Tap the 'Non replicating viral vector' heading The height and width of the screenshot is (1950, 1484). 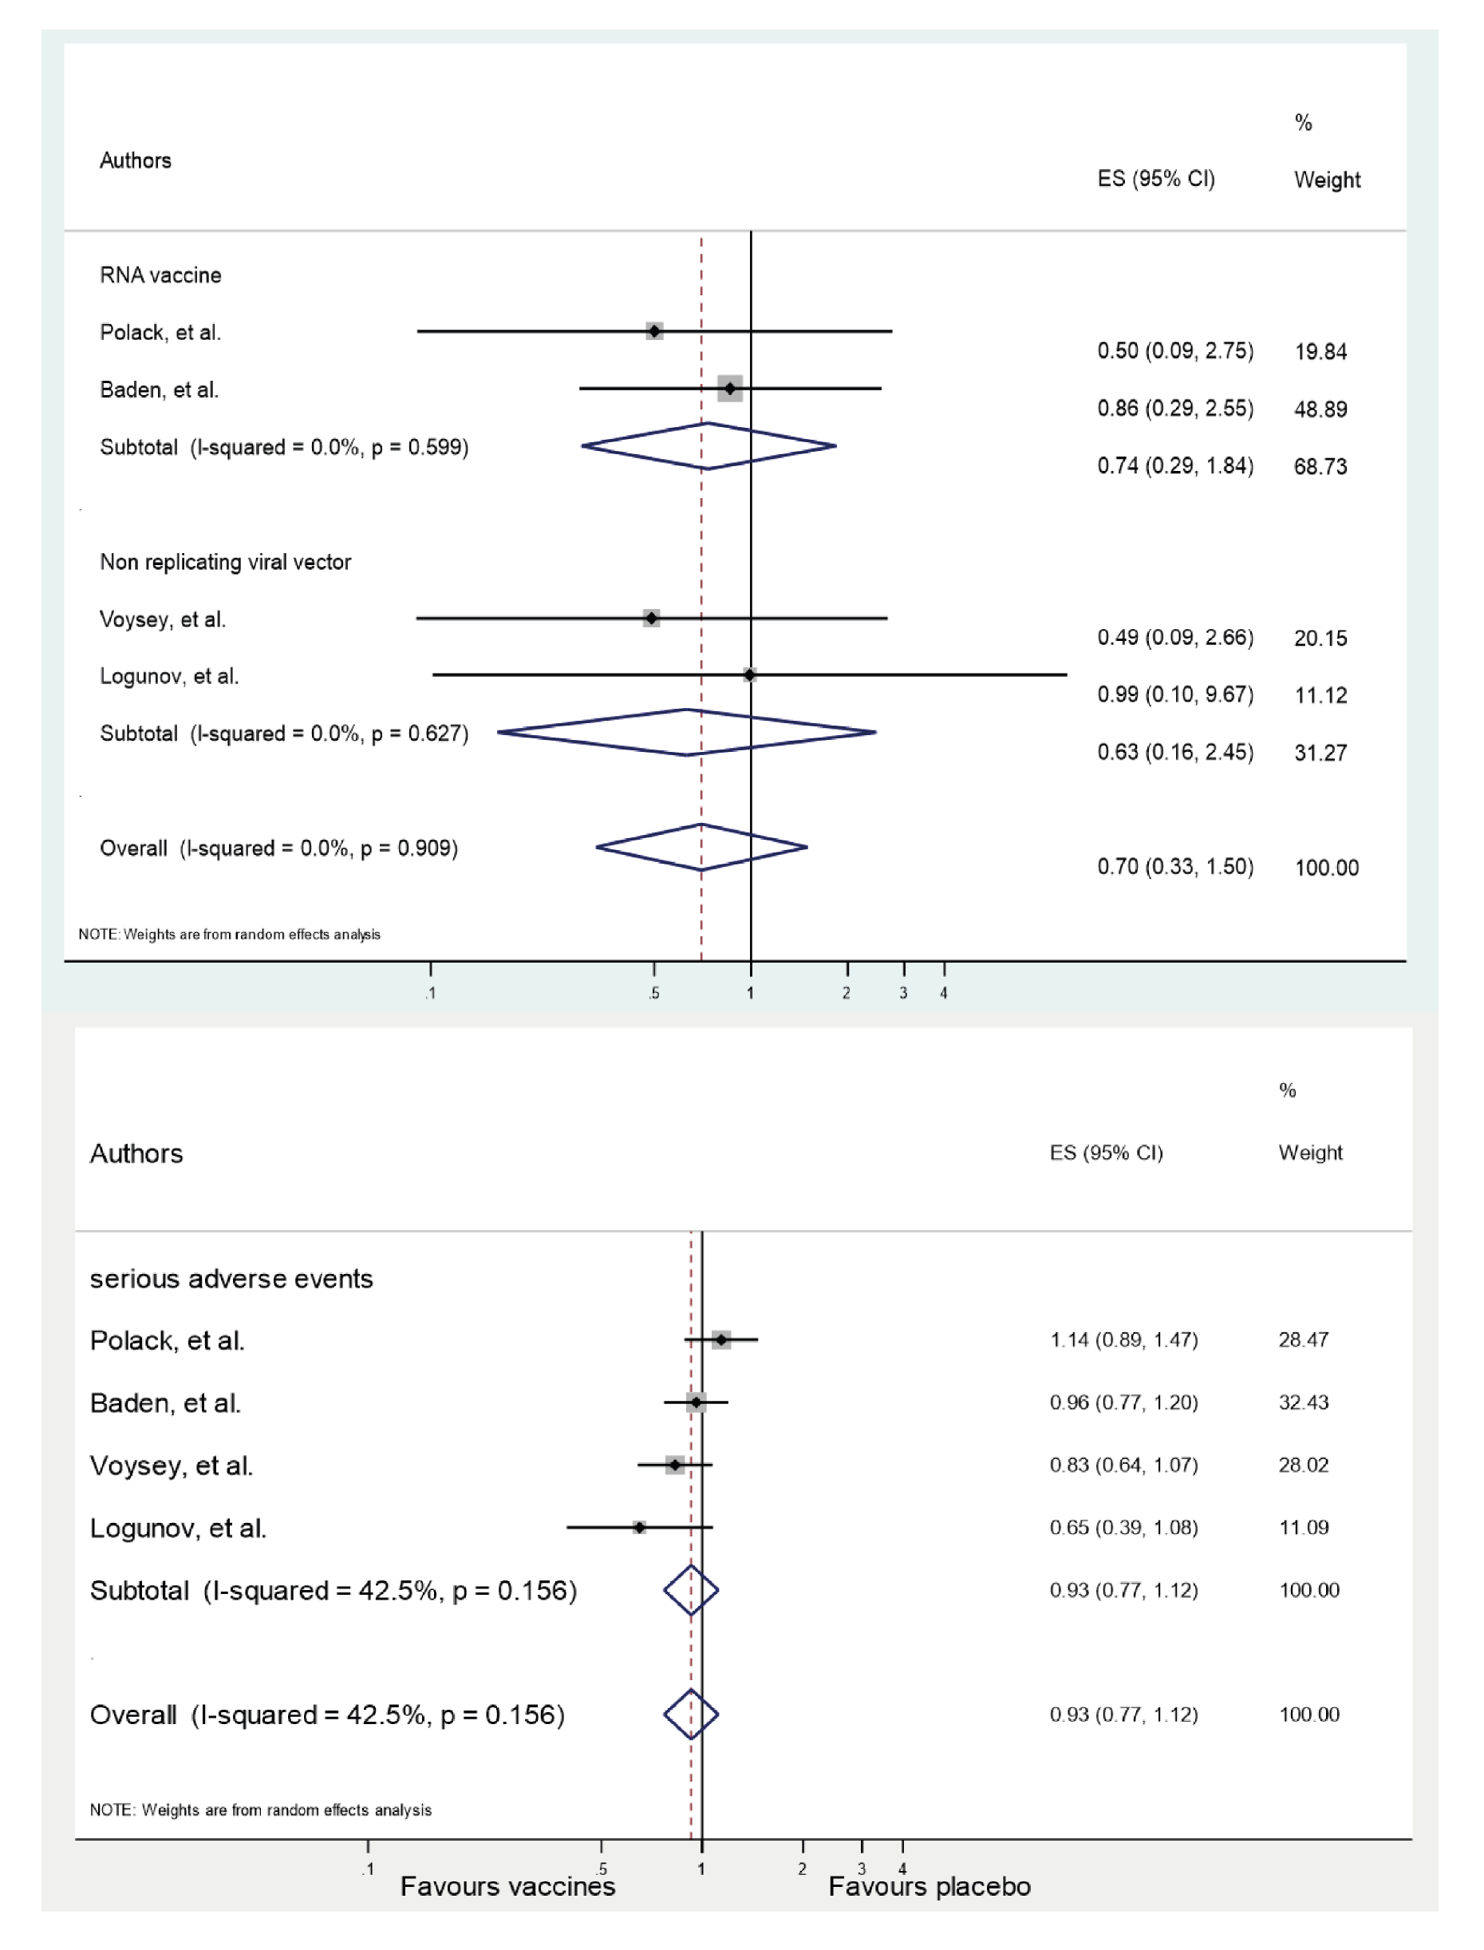[x=225, y=562]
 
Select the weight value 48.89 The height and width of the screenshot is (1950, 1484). [x=1320, y=409]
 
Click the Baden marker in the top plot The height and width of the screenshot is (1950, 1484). [x=729, y=388]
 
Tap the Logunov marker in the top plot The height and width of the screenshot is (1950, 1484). [x=749, y=675]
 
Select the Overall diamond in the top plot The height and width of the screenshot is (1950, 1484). [x=701, y=848]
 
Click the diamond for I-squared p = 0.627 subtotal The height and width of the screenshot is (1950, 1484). [x=686, y=733]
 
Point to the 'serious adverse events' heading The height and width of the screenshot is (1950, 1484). [x=231, y=1279]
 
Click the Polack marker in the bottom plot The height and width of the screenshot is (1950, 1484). [x=720, y=1340]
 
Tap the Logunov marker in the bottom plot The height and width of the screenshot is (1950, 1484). [x=638, y=1527]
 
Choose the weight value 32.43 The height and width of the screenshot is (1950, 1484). [x=1303, y=1402]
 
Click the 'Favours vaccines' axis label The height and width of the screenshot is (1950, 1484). [x=508, y=1886]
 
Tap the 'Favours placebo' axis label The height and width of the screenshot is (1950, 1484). [x=929, y=1886]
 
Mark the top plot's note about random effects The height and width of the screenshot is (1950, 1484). [x=230, y=934]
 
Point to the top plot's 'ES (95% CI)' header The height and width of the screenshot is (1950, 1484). [x=1155, y=179]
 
